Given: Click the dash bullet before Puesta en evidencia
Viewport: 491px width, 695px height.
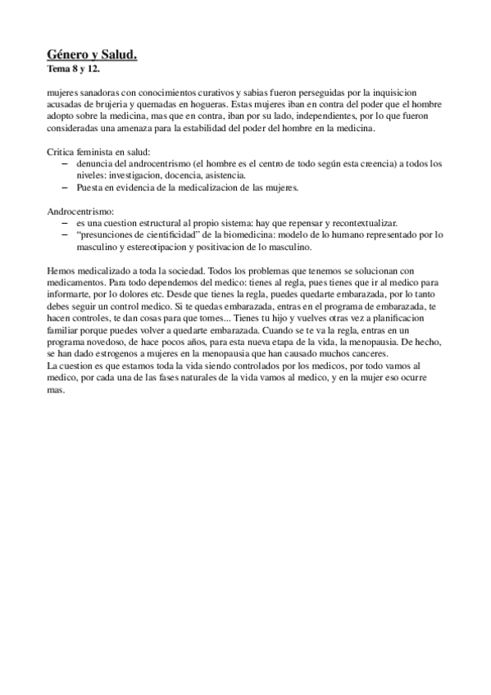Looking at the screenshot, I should [x=66, y=188].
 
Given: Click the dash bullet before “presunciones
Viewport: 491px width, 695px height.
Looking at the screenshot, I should [x=66, y=235].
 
